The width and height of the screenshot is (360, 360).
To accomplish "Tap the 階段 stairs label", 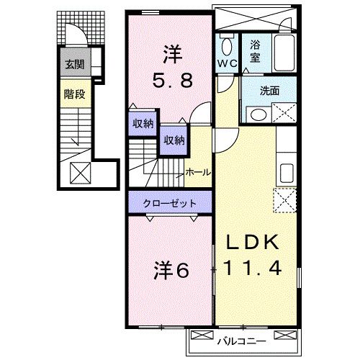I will pyautogui.click(x=73, y=92).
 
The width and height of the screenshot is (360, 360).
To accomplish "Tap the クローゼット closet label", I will pyautogui.click(x=170, y=202).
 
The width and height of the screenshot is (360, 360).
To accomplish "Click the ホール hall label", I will pyautogui.click(x=198, y=172).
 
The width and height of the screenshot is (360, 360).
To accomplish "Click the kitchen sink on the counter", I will pyautogui.click(x=285, y=174).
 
